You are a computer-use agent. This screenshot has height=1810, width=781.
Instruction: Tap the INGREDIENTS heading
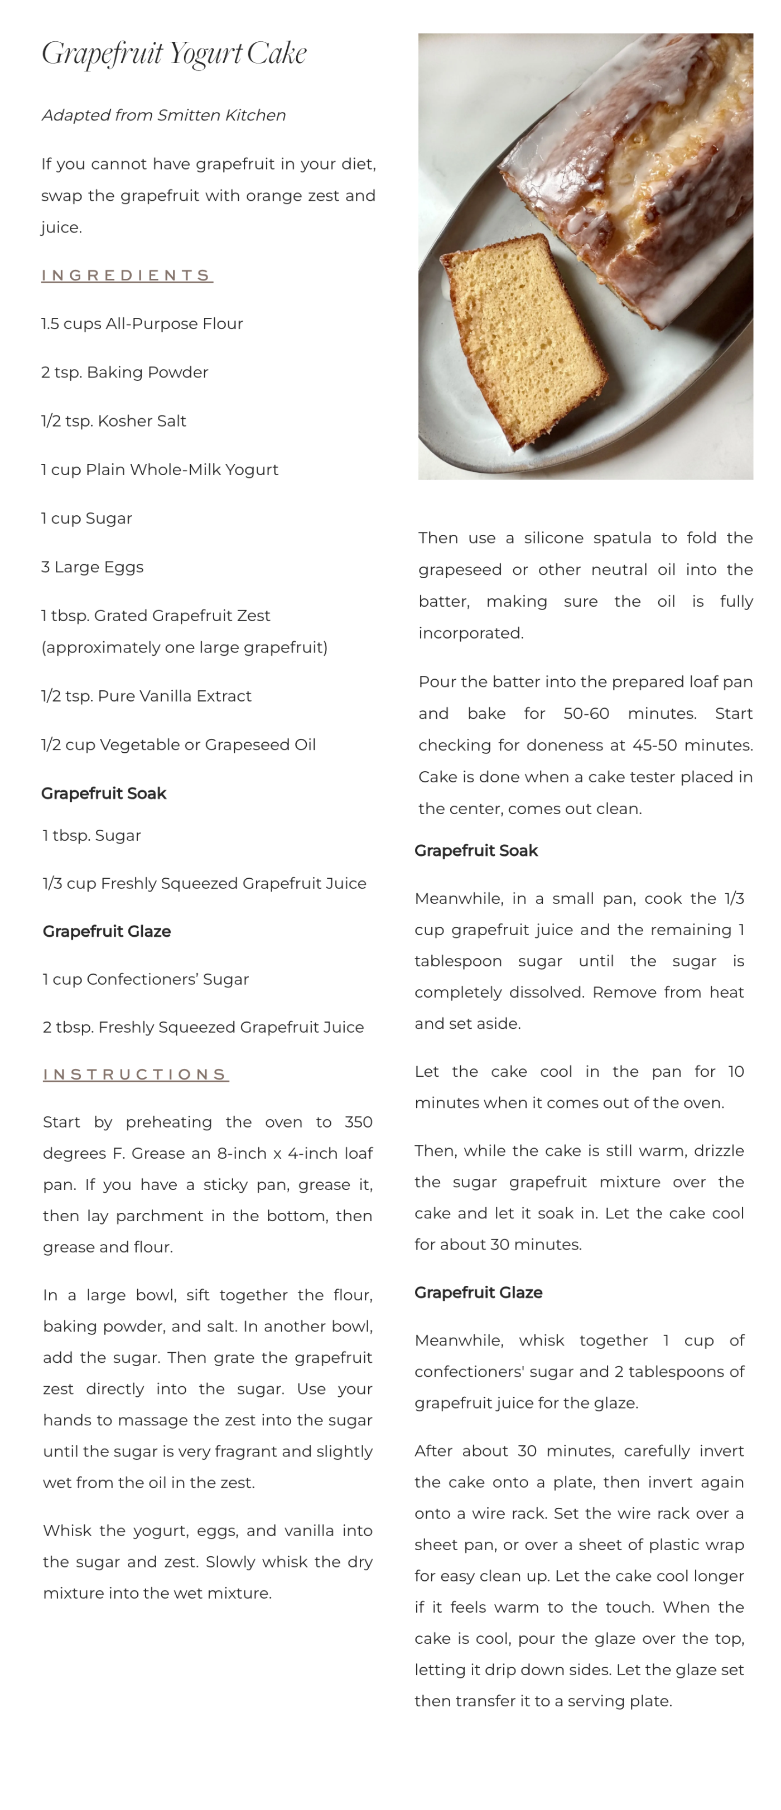[x=127, y=275]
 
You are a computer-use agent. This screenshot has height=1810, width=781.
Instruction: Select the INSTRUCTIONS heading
[x=136, y=1075]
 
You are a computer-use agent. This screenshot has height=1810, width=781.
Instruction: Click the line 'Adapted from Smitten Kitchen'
[x=163, y=115]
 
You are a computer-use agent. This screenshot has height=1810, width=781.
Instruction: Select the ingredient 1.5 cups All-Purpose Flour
[x=142, y=324]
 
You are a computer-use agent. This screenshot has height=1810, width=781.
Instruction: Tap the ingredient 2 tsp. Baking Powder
[x=124, y=372]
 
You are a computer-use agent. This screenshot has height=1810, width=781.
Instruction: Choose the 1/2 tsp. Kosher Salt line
[x=113, y=421]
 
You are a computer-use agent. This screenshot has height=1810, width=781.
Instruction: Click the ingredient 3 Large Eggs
[x=92, y=567]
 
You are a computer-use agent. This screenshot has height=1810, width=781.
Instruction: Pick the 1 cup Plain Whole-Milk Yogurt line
[x=160, y=470]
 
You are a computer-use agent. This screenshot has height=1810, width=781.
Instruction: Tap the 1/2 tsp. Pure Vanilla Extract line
[x=146, y=695]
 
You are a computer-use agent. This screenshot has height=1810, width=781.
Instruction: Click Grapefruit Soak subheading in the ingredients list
[x=103, y=793]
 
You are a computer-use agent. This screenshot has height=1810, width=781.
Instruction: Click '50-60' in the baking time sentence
[x=586, y=714]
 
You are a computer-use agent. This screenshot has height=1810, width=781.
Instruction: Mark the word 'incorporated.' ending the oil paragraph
[x=470, y=633]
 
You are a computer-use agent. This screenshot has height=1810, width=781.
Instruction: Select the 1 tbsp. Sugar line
[x=91, y=835]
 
